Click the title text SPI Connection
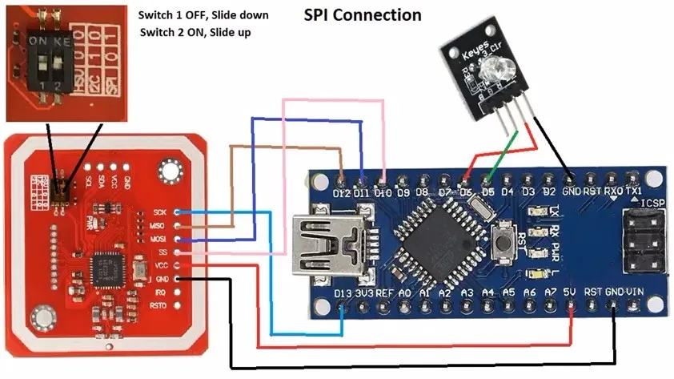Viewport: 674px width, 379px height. pyautogui.click(x=362, y=15)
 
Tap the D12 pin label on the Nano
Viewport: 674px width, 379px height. pyautogui.click(x=341, y=193)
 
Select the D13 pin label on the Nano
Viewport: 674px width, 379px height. pyautogui.click(x=342, y=293)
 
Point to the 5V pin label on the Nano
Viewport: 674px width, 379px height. pyautogui.click(x=570, y=293)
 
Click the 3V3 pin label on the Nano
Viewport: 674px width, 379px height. pyautogui.click(x=364, y=293)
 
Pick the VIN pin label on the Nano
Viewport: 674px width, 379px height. pyautogui.click(x=634, y=293)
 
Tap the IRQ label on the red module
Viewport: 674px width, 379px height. pyautogui.click(x=159, y=292)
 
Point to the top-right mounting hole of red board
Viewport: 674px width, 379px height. pyautogui.click(x=169, y=170)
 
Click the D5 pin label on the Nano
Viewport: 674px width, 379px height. pyautogui.click(x=486, y=193)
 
